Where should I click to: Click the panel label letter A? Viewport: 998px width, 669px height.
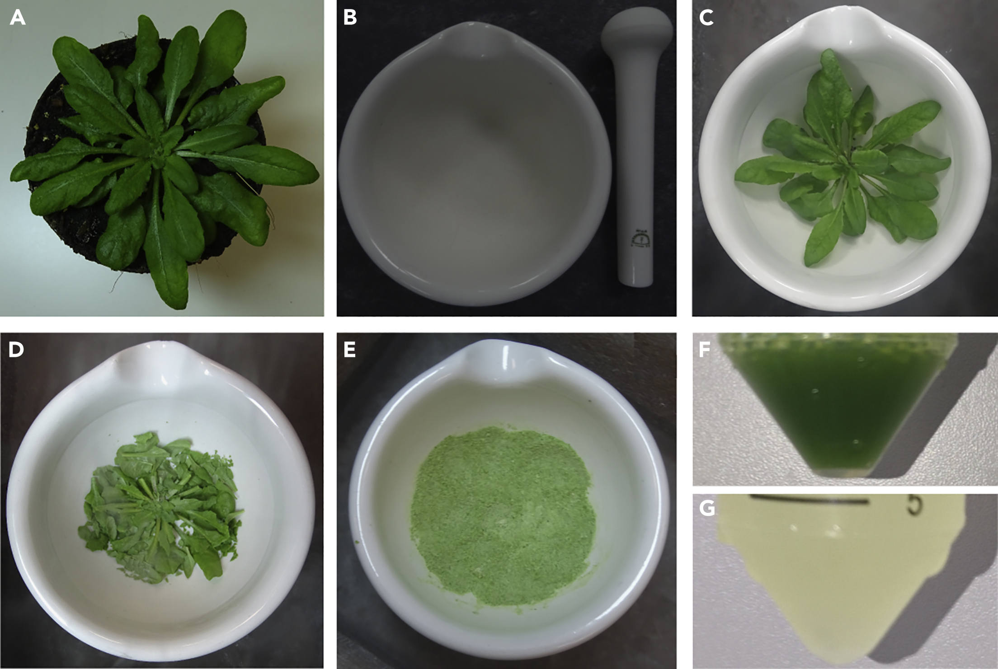click(18, 18)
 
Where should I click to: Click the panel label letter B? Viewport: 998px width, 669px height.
click(350, 18)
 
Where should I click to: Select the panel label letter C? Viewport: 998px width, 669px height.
click(706, 18)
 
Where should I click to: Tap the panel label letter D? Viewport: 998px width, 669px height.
click(16, 350)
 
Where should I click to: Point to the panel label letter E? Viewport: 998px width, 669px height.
click(349, 350)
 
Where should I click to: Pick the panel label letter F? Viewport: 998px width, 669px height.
click(704, 350)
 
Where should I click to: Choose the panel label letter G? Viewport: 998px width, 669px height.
click(707, 508)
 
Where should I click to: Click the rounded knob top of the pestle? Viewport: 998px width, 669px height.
click(637, 32)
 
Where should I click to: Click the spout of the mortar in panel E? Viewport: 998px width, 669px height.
click(504, 368)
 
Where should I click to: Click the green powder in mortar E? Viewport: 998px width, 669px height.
click(502, 515)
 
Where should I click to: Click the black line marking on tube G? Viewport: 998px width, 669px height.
click(809, 500)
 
